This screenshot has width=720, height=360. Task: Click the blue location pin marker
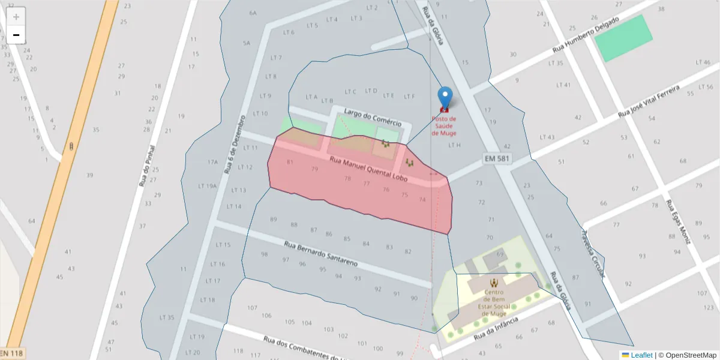(x=445, y=97)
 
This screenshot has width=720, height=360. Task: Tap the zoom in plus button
(x=16, y=16)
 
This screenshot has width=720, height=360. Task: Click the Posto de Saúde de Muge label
(x=444, y=125)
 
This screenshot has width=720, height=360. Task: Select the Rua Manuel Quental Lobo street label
(x=368, y=170)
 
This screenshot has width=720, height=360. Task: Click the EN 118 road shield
(x=12, y=353)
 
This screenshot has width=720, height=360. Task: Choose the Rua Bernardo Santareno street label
(x=320, y=254)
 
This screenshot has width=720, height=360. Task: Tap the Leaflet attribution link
(x=641, y=355)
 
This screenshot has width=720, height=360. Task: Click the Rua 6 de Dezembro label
(x=235, y=144)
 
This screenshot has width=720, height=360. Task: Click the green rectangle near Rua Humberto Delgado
(x=623, y=38)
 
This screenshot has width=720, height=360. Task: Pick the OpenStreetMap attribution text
(x=687, y=355)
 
